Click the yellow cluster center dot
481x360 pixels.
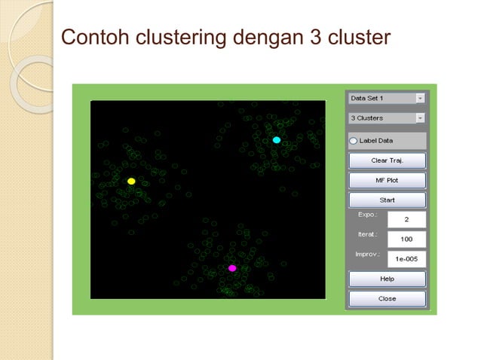point(131,182)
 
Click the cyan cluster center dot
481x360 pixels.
point(277,140)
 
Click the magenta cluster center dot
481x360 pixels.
point(232,268)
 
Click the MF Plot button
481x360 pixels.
point(387,181)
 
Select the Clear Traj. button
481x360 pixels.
point(387,160)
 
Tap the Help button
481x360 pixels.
point(387,279)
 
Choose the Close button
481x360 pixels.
point(387,298)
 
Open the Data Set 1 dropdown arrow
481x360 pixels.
point(420,98)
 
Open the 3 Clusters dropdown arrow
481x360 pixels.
point(420,118)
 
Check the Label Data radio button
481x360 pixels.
point(354,140)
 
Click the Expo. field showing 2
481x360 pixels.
point(406,219)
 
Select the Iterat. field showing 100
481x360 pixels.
point(406,239)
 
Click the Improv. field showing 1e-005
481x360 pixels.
point(406,258)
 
